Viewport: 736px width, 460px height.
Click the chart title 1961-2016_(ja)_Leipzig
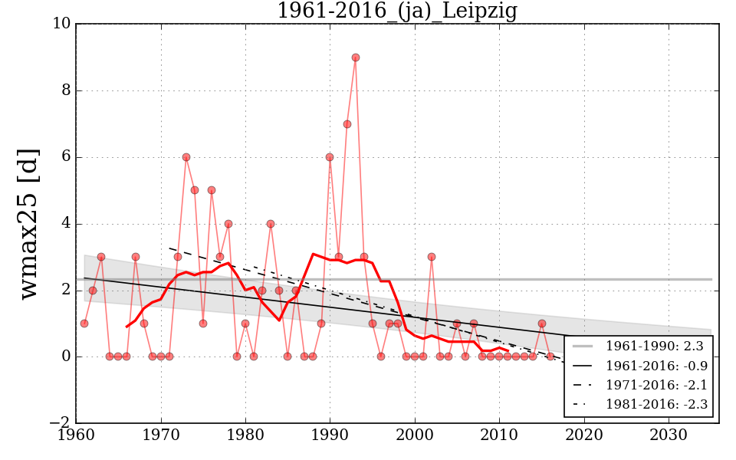pos(396,11)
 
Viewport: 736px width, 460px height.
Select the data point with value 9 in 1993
pos(355,58)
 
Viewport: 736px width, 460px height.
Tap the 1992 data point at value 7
pos(347,124)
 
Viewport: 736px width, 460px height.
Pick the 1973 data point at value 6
pos(186,157)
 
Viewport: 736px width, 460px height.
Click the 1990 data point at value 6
pos(330,157)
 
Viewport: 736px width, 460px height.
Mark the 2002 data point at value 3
pos(432,257)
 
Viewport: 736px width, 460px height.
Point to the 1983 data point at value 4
pos(271,224)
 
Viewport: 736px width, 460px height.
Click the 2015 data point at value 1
pos(541,324)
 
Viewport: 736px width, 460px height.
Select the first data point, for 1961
pos(84,324)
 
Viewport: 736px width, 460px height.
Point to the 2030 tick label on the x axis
pos(669,436)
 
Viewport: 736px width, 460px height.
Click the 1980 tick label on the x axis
pos(245,436)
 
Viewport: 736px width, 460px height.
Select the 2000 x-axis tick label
pos(415,436)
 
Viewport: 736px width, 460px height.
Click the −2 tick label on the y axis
pos(58,423)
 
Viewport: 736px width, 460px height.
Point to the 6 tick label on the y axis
pos(66,157)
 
